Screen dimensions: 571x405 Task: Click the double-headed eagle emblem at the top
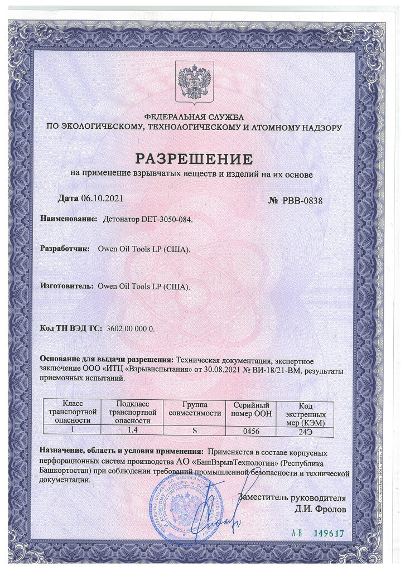coord(195,81)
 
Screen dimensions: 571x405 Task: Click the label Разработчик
coord(65,249)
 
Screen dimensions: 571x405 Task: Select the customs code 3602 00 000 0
coord(130,328)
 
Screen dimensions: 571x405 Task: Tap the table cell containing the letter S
coord(195,430)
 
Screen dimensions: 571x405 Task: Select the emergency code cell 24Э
coord(305,431)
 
